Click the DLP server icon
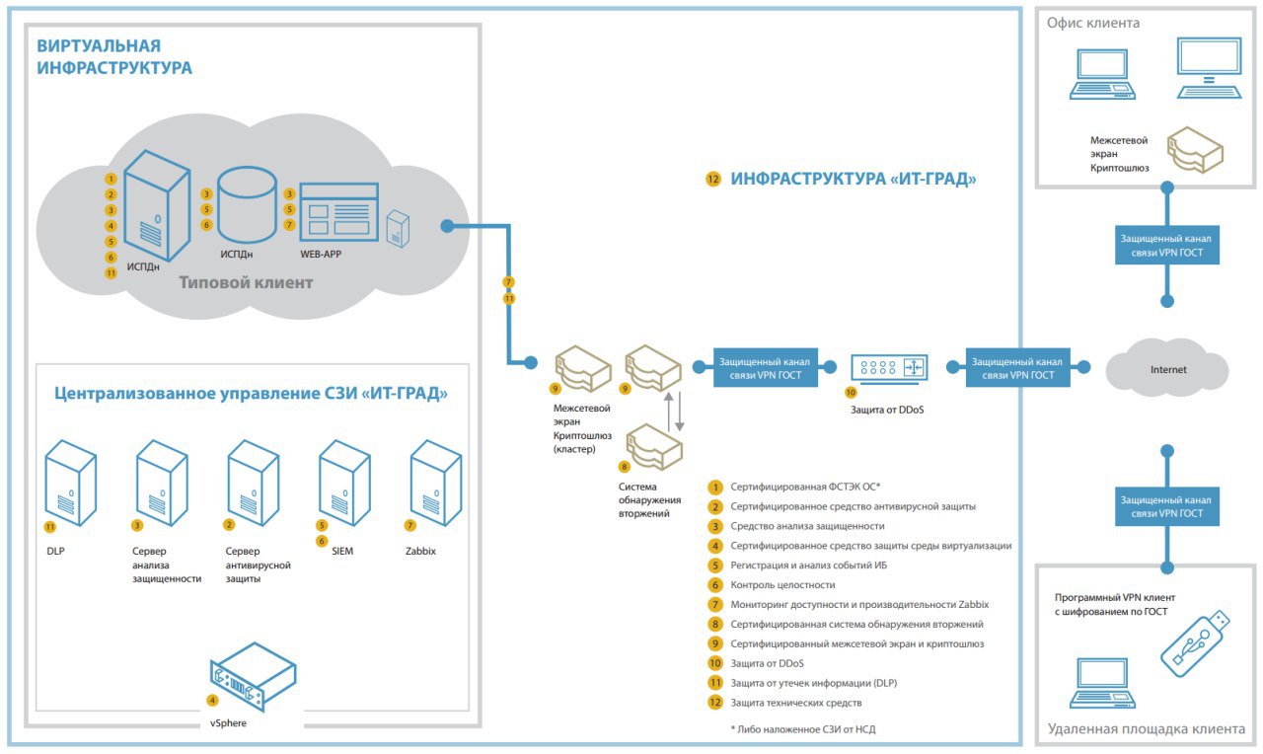(x=70, y=483)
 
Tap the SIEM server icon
(x=344, y=483)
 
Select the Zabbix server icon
(x=436, y=483)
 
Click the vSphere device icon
(x=254, y=676)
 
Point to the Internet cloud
(x=1167, y=369)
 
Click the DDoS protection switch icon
(x=889, y=369)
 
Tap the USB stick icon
(x=1195, y=643)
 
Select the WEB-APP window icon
(x=338, y=211)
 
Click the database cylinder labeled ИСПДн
(x=247, y=204)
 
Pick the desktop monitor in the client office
(x=1209, y=68)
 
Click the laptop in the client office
(x=1102, y=74)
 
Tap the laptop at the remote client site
(x=1102, y=683)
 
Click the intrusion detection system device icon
(x=654, y=447)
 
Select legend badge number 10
(x=715, y=663)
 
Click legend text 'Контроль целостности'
(x=782, y=585)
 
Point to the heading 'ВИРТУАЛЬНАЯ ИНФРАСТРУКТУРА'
(x=114, y=56)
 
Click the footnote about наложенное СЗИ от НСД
(x=803, y=729)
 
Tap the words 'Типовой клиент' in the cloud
(x=246, y=282)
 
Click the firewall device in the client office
(x=1195, y=150)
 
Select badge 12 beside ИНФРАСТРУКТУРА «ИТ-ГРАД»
(x=713, y=180)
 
